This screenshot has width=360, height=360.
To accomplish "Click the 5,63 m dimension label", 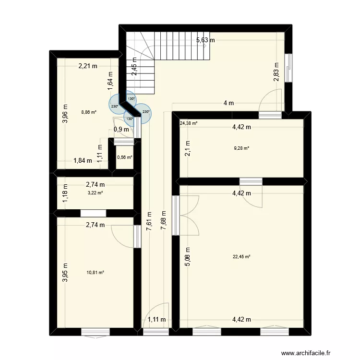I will (205, 40).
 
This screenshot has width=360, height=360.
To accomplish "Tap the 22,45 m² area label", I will (241, 257).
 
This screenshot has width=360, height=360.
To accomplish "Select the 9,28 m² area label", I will (241, 148).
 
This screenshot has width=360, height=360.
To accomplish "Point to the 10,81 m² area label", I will (96, 273).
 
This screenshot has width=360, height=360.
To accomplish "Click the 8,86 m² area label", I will (89, 112).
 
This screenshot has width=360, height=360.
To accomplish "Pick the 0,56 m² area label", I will (125, 157).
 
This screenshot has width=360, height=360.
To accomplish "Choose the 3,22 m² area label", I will (95, 192).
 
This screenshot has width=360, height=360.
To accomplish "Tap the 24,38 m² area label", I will (189, 123).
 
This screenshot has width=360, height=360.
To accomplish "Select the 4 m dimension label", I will (228, 103).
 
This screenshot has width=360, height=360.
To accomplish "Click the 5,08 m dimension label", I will (188, 256).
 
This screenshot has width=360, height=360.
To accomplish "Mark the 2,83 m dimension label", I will (276, 72).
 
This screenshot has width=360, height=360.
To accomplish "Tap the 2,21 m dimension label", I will (88, 67).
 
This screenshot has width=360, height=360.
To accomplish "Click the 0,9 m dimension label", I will (121, 129).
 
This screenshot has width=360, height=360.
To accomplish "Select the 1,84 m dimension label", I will (83, 161).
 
